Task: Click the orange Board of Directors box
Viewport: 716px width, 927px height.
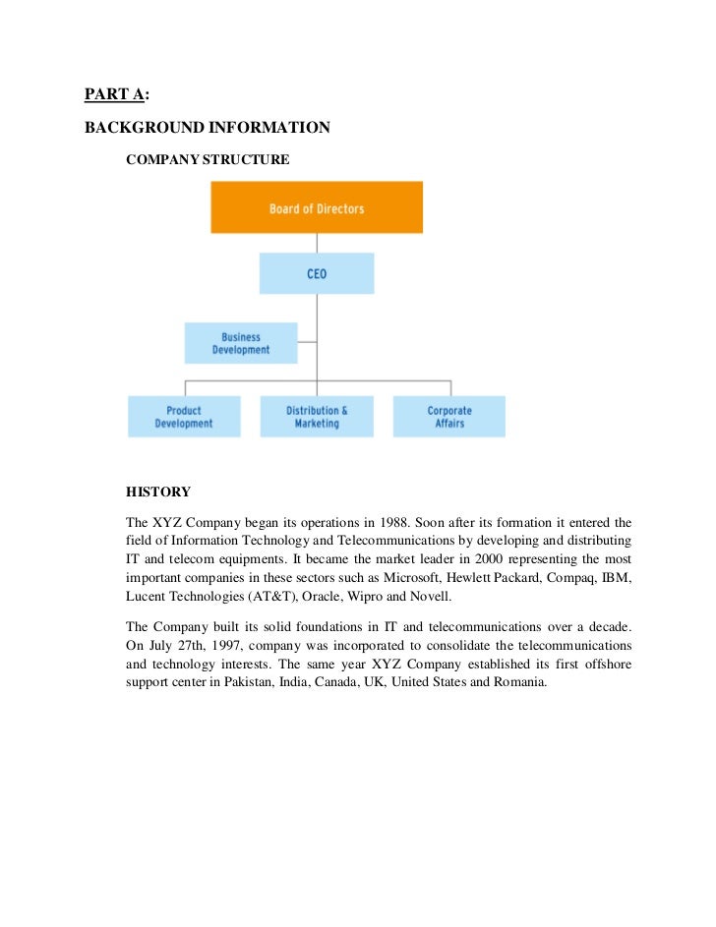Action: tap(317, 207)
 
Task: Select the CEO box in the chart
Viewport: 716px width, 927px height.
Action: tap(317, 273)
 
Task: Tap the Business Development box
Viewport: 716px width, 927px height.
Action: tap(241, 343)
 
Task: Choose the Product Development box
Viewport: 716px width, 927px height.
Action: tap(184, 417)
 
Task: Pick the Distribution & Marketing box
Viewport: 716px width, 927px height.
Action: tap(317, 417)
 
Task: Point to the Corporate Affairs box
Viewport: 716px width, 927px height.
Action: tap(449, 417)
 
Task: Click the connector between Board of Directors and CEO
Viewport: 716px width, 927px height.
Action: tap(317, 243)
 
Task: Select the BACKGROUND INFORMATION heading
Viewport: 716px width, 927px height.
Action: tap(207, 128)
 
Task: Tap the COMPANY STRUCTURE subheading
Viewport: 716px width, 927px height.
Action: tap(208, 159)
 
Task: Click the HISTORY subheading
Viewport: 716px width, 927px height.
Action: tap(157, 492)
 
